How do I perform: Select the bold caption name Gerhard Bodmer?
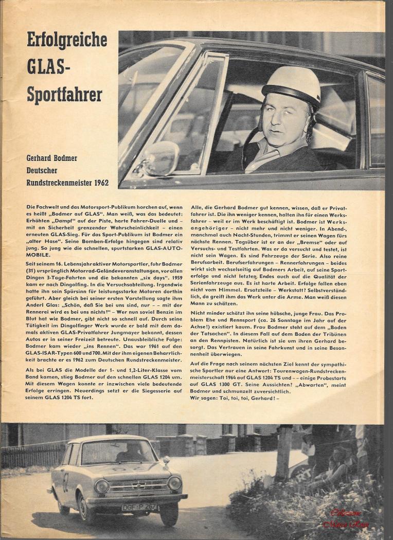click(x=52, y=158)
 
